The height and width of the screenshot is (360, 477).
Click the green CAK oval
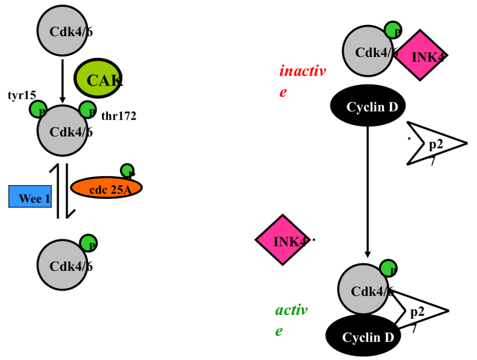coord(97,79)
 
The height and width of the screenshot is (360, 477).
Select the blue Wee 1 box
coord(30,197)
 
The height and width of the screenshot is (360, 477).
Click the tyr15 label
coord(22,95)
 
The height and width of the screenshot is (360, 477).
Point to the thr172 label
coord(119,115)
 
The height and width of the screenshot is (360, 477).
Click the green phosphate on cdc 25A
coord(127,170)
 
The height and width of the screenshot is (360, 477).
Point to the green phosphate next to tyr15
coord(38,109)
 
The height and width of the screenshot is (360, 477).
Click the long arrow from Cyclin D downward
coord(368,190)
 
